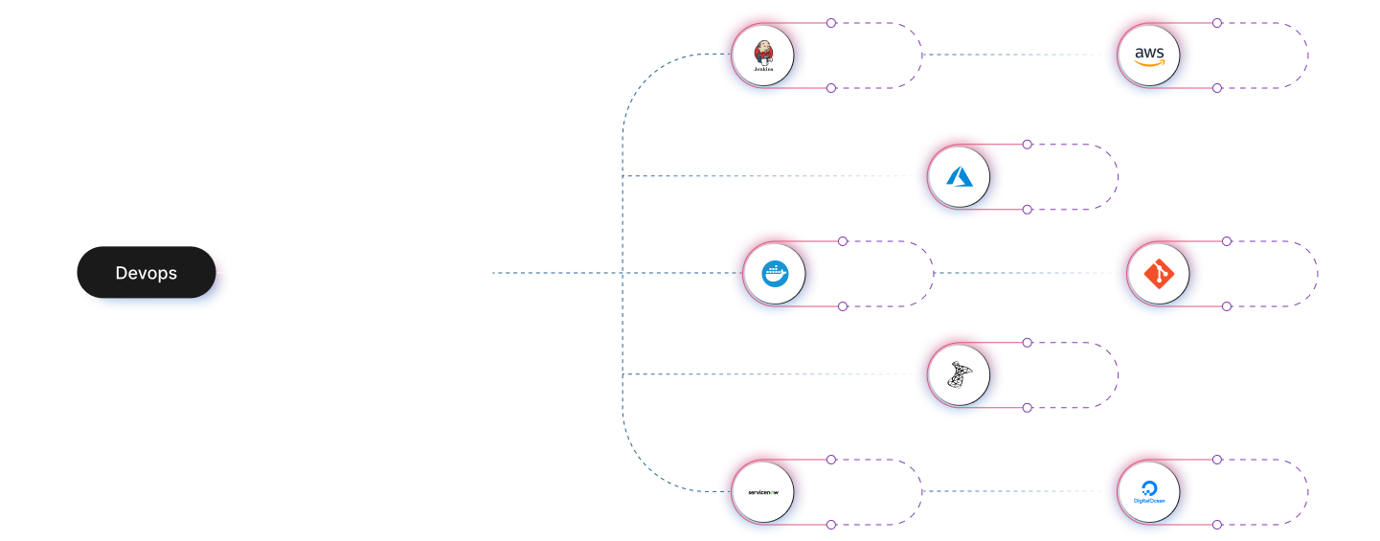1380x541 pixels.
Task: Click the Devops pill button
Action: point(147,273)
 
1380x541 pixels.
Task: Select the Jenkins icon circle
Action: point(763,56)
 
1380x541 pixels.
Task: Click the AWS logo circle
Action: point(1148,56)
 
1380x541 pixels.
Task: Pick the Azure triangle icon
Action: point(960,177)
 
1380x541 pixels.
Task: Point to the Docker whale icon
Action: point(774,274)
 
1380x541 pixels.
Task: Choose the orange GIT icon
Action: point(1159,274)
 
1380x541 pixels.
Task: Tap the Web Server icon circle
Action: point(960,375)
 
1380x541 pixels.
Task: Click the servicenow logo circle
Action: point(763,493)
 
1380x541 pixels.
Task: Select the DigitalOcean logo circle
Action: point(1148,493)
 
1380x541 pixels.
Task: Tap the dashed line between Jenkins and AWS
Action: point(1010,55)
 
